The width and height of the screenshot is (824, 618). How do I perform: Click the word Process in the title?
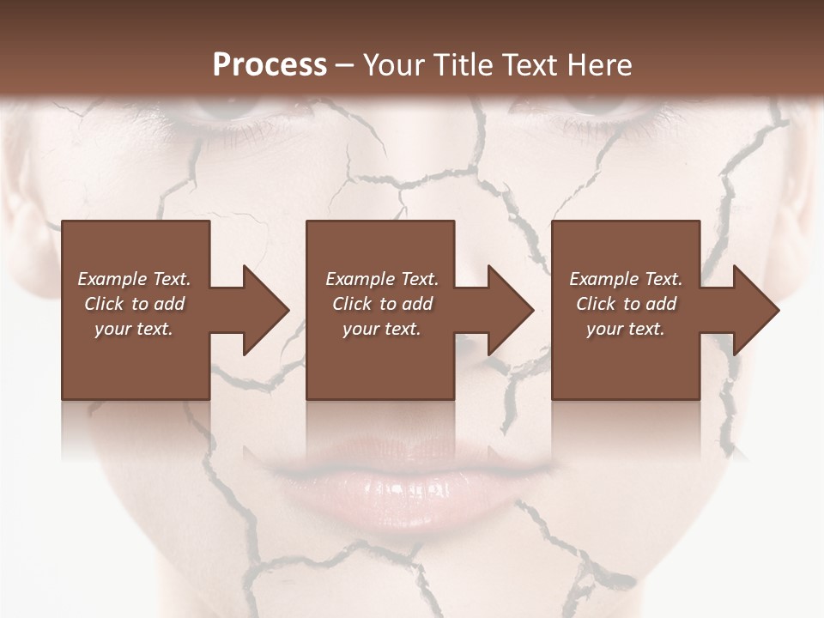[x=270, y=65]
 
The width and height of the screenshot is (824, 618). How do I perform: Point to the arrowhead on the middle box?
[x=509, y=310]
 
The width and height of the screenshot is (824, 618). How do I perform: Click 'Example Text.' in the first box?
[x=134, y=279]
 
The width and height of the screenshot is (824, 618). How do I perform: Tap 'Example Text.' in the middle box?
[x=382, y=279]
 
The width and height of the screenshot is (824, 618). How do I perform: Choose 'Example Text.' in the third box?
[x=626, y=279]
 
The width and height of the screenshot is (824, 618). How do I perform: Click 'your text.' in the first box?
[x=134, y=329]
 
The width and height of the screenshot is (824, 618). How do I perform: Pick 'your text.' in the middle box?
[x=382, y=329]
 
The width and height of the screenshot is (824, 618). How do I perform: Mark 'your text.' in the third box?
[x=626, y=329]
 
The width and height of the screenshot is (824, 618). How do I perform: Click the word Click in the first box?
[x=104, y=304]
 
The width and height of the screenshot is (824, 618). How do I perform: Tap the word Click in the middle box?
[x=352, y=304]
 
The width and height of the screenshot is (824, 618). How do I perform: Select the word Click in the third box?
[x=596, y=304]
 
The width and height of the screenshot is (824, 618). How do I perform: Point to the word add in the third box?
[x=659, y=304]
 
